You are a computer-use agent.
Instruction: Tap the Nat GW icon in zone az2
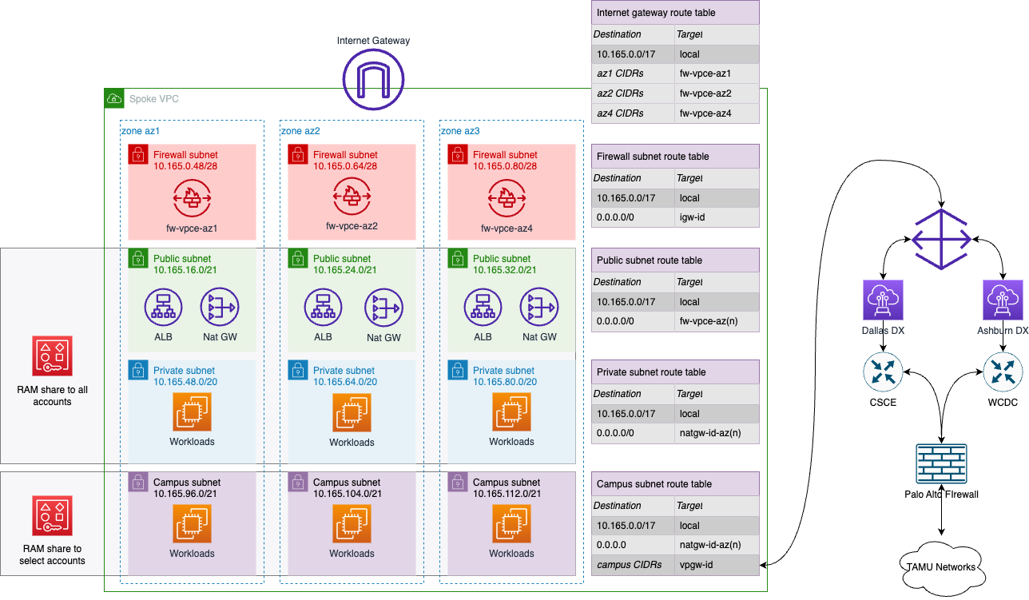pos(383,307)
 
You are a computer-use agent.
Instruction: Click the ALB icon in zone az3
pos(483,307)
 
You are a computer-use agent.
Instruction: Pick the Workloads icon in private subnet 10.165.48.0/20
pos(192,412)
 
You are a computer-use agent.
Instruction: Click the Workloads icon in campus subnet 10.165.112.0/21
pos(511,524)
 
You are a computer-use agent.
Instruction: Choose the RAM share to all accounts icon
pos(52,356)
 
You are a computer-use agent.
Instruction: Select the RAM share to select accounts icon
pos(52,516)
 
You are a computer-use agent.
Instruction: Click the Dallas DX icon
pos(883,300)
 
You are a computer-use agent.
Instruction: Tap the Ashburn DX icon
pos(1003,300)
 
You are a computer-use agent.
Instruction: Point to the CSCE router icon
pos(883,373)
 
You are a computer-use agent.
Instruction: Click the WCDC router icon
pos(1003,373)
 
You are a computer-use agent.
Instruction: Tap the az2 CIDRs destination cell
pos(633,93)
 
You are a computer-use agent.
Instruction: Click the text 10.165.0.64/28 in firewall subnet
pos(345,166)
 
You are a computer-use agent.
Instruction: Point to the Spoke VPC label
pos(154,99)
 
